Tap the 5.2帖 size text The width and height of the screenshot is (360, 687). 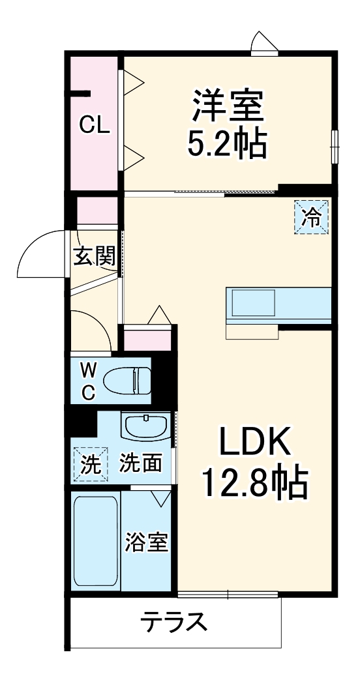(228, 145)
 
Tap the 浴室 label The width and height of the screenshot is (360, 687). (147, 542)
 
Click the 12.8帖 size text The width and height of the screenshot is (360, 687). (254, 483)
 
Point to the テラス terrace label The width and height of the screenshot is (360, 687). (175, 622)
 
